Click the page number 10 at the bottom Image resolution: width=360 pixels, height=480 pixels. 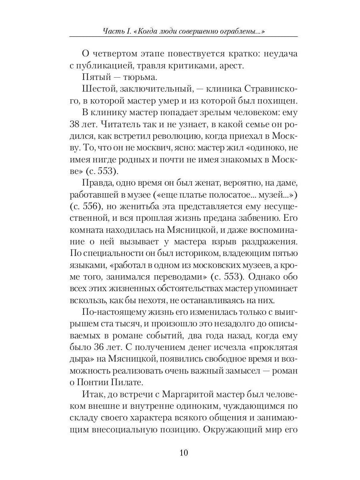pyautogui.click(x=184, y=453)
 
